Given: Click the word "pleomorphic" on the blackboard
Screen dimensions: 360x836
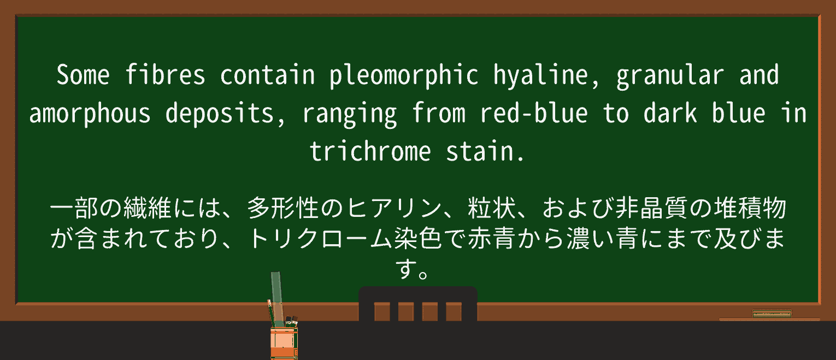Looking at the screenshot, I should coord(404,75).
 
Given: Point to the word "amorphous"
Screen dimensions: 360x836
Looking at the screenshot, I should coord(90,113).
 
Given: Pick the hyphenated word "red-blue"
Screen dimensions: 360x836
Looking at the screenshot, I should coord(534,113).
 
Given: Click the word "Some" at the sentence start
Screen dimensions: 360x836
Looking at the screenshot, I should coord(83,75).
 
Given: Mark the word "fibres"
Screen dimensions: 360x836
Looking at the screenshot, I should coord(165,75).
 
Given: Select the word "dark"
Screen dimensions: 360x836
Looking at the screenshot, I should coord(670,113).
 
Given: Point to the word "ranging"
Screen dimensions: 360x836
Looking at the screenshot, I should coord(350,113).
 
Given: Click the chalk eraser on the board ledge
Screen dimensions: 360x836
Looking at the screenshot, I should coord(772,314).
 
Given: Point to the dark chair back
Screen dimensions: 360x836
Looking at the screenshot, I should coord(417,304).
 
